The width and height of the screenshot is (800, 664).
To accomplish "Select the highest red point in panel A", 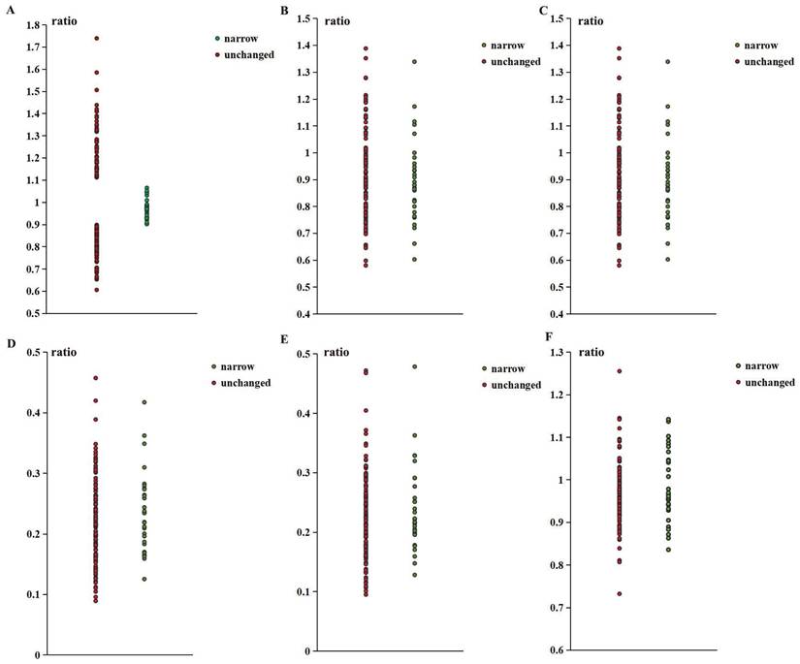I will [97, 39].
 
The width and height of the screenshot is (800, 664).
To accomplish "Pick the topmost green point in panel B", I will [413, 62].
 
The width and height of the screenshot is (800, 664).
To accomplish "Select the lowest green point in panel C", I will [667, 259].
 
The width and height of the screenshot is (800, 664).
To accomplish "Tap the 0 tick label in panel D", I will [37, 654].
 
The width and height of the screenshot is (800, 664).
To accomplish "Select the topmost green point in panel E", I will [413, 366].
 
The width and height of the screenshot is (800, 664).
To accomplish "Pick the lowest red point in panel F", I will [620, 593].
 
